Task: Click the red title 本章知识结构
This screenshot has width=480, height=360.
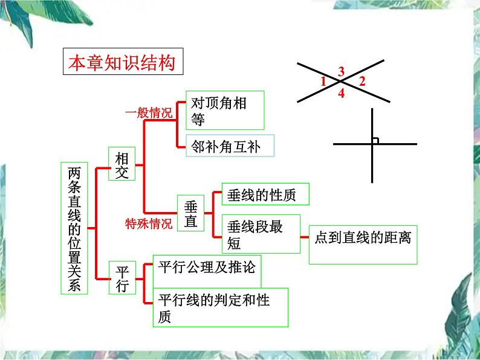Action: tap(122, 63)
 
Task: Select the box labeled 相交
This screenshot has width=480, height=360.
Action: tap(122, 164)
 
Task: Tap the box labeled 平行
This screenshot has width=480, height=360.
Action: tap(122, 278)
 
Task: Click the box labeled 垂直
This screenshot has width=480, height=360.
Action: tap(190, 213)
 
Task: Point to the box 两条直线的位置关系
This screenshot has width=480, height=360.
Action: tap(74, 228)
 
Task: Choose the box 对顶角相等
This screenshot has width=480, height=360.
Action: tap(225, 110)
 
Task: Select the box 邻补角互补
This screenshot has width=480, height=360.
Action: tap(230, 146)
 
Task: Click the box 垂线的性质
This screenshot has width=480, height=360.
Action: tap(265, 194)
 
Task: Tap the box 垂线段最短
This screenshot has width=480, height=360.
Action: tap(261, 234)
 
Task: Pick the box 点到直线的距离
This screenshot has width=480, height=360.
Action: tap(363, 245)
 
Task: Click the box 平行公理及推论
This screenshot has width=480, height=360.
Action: tap(207, 272)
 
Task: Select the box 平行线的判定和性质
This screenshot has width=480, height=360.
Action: tap(221, 307)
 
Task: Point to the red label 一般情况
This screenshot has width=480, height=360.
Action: tap(149, 112)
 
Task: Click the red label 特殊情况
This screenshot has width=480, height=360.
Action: tap(149, 224)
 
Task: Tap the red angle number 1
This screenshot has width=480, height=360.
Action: tap(323, 82)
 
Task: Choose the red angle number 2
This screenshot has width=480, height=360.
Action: tap(362, 82)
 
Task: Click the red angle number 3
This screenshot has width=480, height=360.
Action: tap(342, 71)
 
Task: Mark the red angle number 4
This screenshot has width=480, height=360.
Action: tap(342, 93)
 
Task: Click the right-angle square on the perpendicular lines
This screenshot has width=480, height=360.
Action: tap(375, 141)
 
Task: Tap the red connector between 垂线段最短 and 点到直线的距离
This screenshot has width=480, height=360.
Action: tap(305, 237)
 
